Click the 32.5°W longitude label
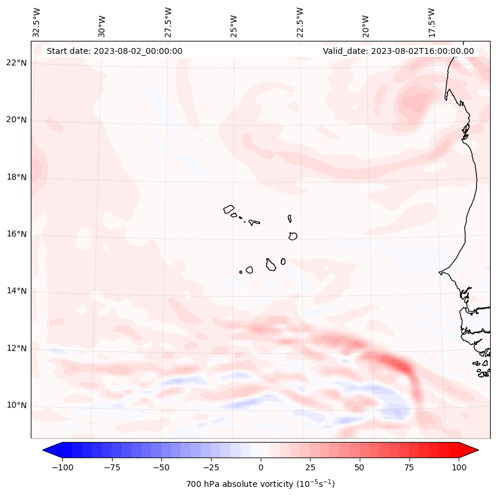[37, 23]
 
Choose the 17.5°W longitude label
[432, 23]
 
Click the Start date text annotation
[114, 51]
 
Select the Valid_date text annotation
[398, 51]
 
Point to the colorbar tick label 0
[261, 467]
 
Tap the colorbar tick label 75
[409, 467]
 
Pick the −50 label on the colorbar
[161, 467]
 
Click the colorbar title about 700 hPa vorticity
[261, 484]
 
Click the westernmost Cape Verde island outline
[229, 209]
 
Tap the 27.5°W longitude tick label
[168, 23]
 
